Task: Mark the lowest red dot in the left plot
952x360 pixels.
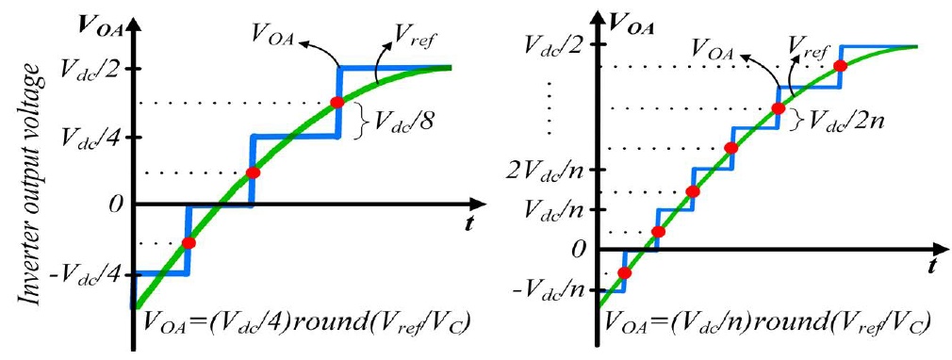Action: tap(189, 243)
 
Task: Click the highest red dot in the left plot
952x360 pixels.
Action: tap(337, 102)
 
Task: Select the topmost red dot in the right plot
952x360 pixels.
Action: tap(840, 66)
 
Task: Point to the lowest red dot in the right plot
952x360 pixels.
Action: tap(624, 273)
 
